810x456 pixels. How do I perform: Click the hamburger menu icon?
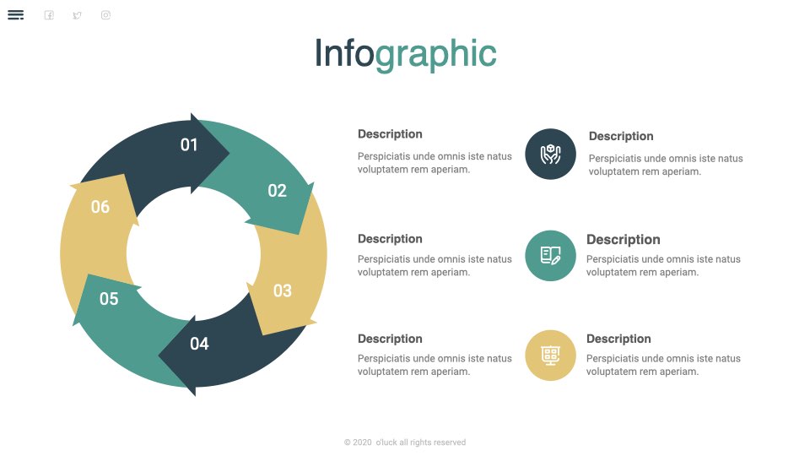pos(15,15)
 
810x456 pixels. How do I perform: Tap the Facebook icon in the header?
pos(49,15)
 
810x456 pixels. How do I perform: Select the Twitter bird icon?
pos(77,15)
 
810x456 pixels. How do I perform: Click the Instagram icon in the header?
pos(106,15)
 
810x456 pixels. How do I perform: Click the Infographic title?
pos(406,54)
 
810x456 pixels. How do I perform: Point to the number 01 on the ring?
pos(189,144)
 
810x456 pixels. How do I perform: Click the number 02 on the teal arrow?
pos(277,191)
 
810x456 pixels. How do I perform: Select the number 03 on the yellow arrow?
pos(283,290)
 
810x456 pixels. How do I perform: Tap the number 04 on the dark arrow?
pos(199,344)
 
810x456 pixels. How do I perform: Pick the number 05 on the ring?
pos(109,299)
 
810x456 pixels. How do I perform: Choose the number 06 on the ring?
pos(100,207)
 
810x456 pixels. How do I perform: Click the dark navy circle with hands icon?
pos(551,154)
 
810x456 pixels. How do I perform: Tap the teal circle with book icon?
pos(551,255)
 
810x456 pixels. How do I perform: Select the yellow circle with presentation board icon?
pos(551,356)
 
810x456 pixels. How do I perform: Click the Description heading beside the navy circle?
pos(621,136)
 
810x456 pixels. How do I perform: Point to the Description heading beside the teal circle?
pos(623,239)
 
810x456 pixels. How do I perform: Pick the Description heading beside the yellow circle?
pos(618,339)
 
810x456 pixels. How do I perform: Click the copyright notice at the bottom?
pos(405,442)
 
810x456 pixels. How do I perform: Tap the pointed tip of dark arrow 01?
pos(229,153)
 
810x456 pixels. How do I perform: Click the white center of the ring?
pos(193,253)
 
